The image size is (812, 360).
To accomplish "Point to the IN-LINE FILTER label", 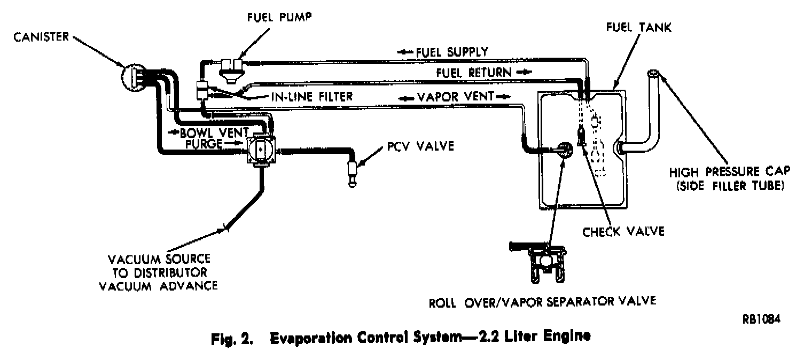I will [302, 96].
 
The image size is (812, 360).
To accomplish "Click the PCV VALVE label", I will [421, 146].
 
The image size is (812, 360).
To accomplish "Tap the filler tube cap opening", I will [654, 74].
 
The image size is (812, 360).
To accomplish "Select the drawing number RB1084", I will [761, 319].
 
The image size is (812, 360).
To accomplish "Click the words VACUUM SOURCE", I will [159, 260].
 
